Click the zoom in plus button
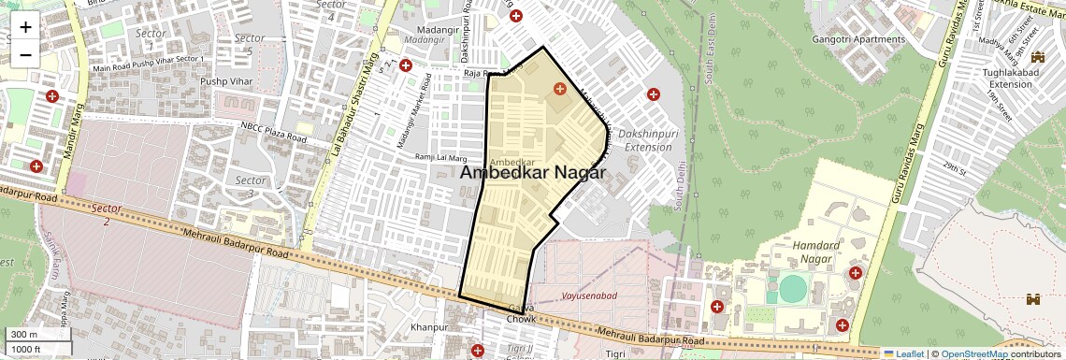coord(25,26)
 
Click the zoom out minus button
coord(25,54)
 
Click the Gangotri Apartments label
coord(859,39)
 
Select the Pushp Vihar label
coord(227,81)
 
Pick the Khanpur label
coord(429,327)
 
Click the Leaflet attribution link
coord(903,353)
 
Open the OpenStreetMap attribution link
coord(974,353)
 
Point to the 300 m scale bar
coord(37,335)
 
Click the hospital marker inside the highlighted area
coord(559,89)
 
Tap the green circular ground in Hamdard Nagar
coord(792,289)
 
